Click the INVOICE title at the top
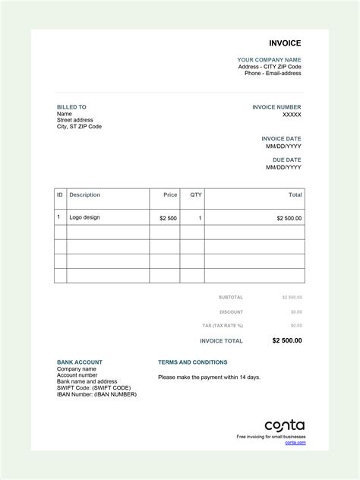pyautogui.click(x=285, y=43)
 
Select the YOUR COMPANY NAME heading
pyautogui.click(x=269, y=59)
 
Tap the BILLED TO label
pyautogui.click(x=71, y=107)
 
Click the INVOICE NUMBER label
pyautogui.click(x=276, y=107)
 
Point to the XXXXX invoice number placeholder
pyautogui.click(x=292, y=115)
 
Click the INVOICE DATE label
pyautogui.click(x=281, y=139)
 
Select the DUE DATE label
pyautogui.click(x=287, y=160)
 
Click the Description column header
pyautogui.click(x=84, y=195)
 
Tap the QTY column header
pyautogui.click(x=196, y=195)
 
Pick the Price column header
pyautogui.click(x=170, y=195)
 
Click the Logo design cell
pyautogui.click(x=84, y=217)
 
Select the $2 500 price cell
pyautogui.click(x=168, y=218)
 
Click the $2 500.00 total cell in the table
pyautogui.click(x=289, y=218)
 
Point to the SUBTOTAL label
pyautogui.click(x=230, y=297)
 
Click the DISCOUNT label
pyautogui.click(x=231, y=312)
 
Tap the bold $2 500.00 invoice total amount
pyautogui.click(x=286, y=341)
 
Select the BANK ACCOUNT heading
pyautogui.click(x=79, y=362)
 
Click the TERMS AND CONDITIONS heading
pyautogui.click(x=192, y=362)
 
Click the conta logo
pyautogui.click(x=284, y=425)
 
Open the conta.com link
pyautogui.click(x=295, y=442)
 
